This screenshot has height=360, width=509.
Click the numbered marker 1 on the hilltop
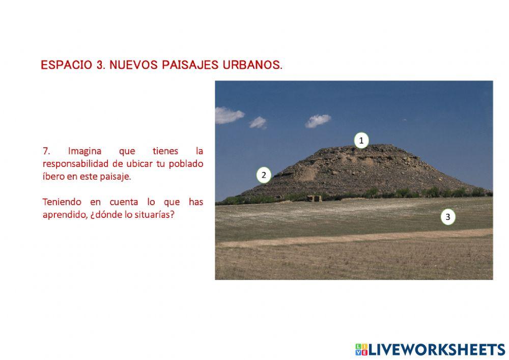[361, 141]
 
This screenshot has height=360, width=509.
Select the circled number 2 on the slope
[264, 175]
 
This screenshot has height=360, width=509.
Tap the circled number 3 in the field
[448, 217]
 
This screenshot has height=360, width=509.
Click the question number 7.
[46, 151]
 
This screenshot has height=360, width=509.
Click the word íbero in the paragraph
[52, 176]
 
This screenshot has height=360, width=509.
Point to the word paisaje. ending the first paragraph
[117, 176]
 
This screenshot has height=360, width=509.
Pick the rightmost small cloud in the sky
[318, 121]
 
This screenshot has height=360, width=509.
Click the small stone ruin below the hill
[314, 198]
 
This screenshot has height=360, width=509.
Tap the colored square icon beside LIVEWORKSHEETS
[361, 349]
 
